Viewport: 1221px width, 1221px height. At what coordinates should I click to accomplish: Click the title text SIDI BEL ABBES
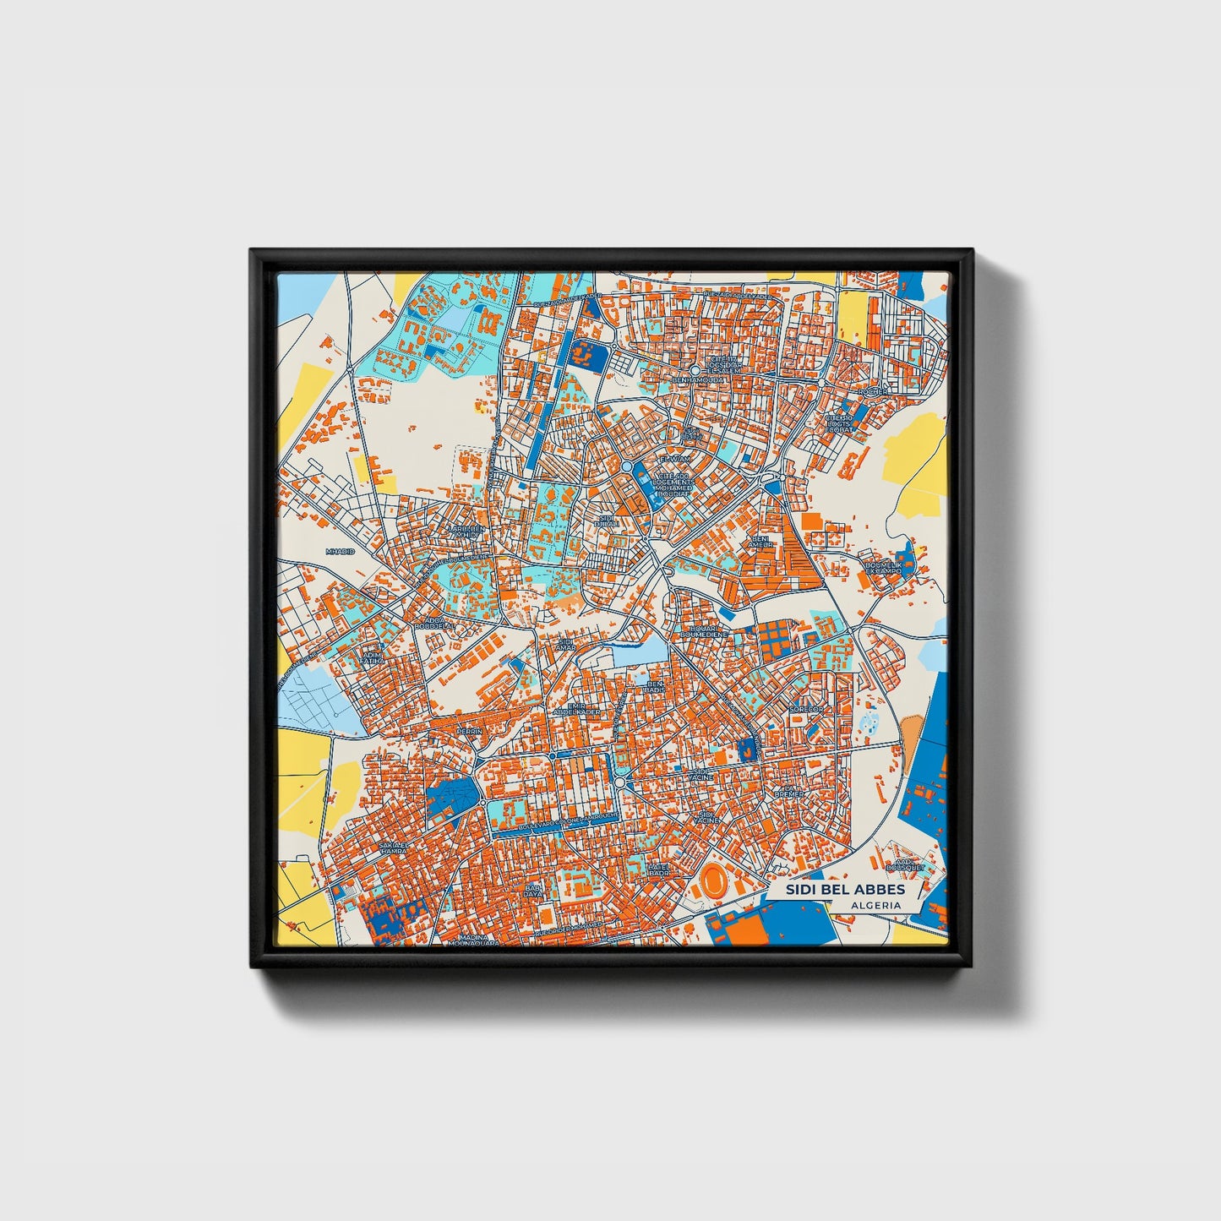pos(845,890)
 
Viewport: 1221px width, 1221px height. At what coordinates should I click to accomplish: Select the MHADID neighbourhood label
pos(341,551)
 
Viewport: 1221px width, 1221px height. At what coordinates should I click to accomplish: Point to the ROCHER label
pos(873,392)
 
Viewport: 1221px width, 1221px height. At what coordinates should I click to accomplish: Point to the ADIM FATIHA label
pos(372,657)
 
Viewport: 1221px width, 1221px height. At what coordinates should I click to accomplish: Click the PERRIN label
pos(468,731)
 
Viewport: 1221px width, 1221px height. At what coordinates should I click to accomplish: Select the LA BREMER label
pos(790,792)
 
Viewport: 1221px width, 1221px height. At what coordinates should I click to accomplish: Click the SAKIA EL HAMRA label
pos(394,848)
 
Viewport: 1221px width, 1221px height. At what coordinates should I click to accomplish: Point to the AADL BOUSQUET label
pos(901,864)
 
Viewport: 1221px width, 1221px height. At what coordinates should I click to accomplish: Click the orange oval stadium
pos(715,883)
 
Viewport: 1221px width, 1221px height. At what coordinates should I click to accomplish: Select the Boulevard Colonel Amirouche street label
pos(556,822)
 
